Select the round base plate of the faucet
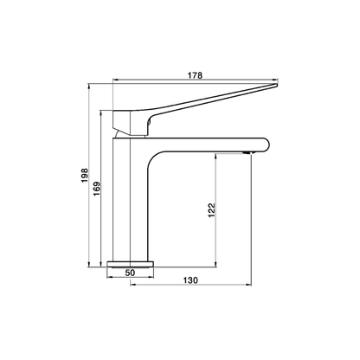(132, 262)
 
